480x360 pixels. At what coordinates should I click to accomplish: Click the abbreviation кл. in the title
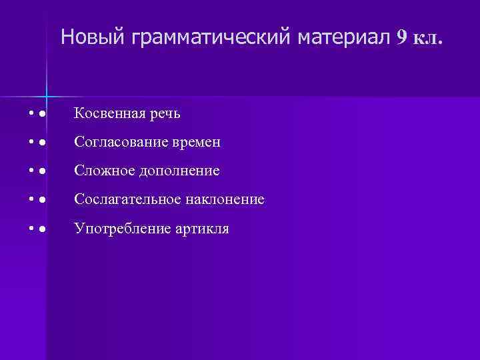click(x=427, y=38)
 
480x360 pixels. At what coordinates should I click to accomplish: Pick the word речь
click(x=165, y=114)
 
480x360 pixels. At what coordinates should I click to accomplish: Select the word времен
click(x=195, y=143)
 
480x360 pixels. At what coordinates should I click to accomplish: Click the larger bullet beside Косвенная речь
click(x=42, y=115)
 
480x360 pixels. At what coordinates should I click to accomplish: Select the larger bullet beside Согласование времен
click(x=42, y=143)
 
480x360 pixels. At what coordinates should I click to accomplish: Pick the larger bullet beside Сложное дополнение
click(x=42, y=172)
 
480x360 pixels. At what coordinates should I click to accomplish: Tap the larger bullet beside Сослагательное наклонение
click(x=42, y=200)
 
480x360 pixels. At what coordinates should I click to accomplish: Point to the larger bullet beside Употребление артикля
click(x=42, y=229)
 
